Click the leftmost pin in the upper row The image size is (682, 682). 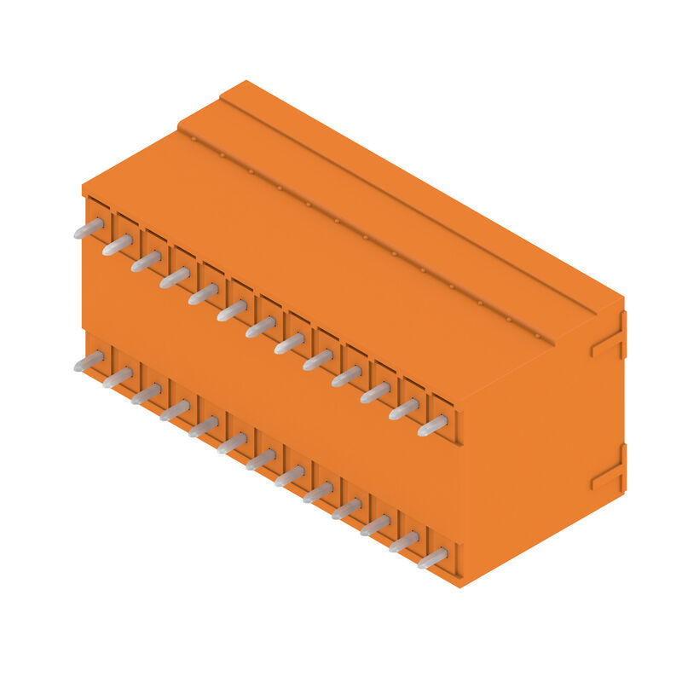(89, 228)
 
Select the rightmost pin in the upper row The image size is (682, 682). (432, 425)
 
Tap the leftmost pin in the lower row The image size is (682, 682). (89, 362)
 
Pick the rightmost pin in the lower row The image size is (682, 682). (432, 558)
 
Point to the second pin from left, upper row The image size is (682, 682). (118, 246)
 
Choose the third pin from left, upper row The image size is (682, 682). (146, 262)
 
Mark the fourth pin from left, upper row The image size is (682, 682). (175, 278)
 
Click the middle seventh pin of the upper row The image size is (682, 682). (261, 327)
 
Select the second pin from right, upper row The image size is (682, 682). (404, 408)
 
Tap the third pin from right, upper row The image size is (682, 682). (375, 392)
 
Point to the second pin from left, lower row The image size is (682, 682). (118, 378)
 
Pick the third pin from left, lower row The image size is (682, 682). (146, 394)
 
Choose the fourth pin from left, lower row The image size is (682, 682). (175, 411)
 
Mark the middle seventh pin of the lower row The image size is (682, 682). (261, 459)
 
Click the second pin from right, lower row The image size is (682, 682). (404, 542)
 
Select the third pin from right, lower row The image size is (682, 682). (375, 526)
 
